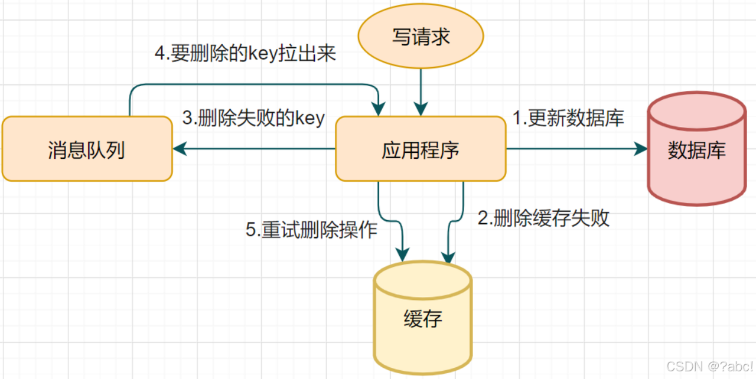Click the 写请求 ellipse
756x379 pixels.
(421, 37)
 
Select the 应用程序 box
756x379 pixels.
(421, 149)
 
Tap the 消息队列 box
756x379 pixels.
(86, 149)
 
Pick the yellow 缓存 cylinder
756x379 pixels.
(423, 319)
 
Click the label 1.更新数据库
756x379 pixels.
(568, 119)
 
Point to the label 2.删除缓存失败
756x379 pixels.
(543, 218)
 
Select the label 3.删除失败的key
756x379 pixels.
(253, 118)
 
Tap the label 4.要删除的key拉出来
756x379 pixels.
(245, 54)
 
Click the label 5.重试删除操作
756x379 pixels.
(311, 230)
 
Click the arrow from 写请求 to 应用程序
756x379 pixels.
(421, 89)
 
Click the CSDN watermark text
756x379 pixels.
(709, 366)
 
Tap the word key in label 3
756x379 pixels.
(310, 119)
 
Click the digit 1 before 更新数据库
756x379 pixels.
(516, 119)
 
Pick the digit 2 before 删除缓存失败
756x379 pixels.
(482, 218)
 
